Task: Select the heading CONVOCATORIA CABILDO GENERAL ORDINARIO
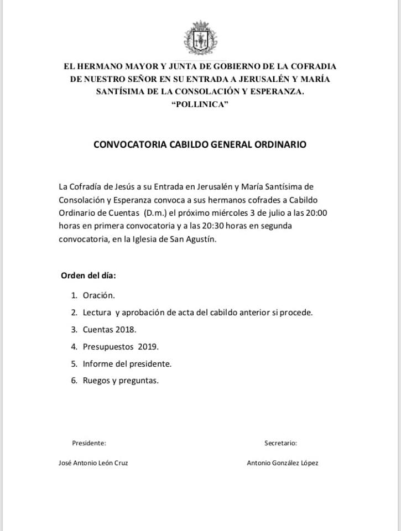click(200, 145)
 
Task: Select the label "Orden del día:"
click(88, 275)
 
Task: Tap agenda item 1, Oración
click(98, 295)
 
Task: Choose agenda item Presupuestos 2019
click(121, 346)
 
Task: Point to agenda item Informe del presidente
click(127, 363)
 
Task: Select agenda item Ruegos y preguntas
click(121, 381)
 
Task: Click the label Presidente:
click(89, 442)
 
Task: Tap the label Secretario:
click(281, 442)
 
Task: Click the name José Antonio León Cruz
click(93, 463)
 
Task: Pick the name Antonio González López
click(283, 463)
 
